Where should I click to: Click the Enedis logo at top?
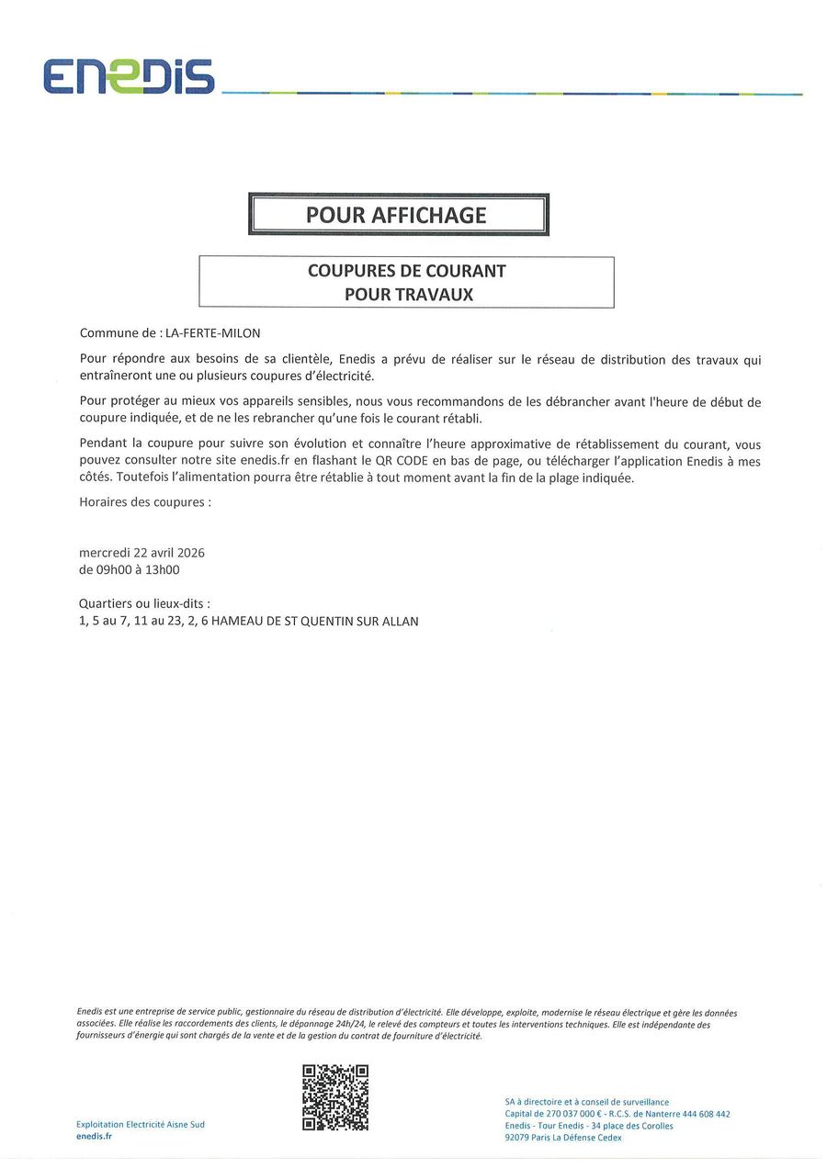[x=129, y=76]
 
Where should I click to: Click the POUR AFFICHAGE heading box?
[x=397, y=215]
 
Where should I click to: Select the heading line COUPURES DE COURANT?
[x=406, y=271]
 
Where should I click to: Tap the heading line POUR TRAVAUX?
[x=408, y=295]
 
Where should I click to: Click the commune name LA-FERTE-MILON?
[x=212, y=333]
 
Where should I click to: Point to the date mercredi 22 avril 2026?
[x=142, y=552]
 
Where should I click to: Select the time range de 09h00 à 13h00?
[x=129, y=569]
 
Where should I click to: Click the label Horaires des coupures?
[x=145, y=502]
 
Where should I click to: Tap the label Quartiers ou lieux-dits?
[x=144, y=603]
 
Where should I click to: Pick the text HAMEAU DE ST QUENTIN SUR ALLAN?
[x=314, y=622]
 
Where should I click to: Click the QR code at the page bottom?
[x=335, y=1097]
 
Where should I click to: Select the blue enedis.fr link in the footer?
[x=94, y=1137]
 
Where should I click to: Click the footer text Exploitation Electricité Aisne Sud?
[x=140, y=1125]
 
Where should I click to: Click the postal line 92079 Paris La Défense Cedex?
[x=563, y=1138]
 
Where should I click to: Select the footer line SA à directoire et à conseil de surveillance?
[x=586, y=1102]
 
